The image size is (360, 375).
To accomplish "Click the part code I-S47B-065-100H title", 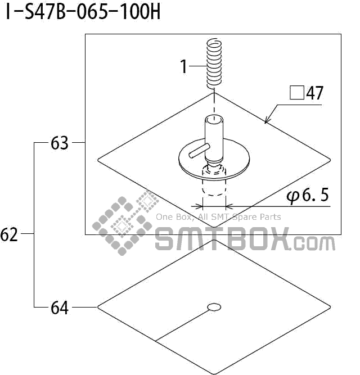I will click(83, 12).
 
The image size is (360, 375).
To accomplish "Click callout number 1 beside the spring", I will click(183, 66).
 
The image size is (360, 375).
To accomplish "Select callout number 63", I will click(59, 144).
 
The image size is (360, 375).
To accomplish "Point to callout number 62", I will click(10, 235).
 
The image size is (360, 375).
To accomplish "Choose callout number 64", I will click(59, 308).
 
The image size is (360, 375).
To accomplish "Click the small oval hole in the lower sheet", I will click(214, 306).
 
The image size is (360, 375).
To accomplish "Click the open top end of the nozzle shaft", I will click(214, 120).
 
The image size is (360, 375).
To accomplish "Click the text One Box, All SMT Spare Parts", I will click(218, 217).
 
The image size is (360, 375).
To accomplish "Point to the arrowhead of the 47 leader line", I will click(266, 120).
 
